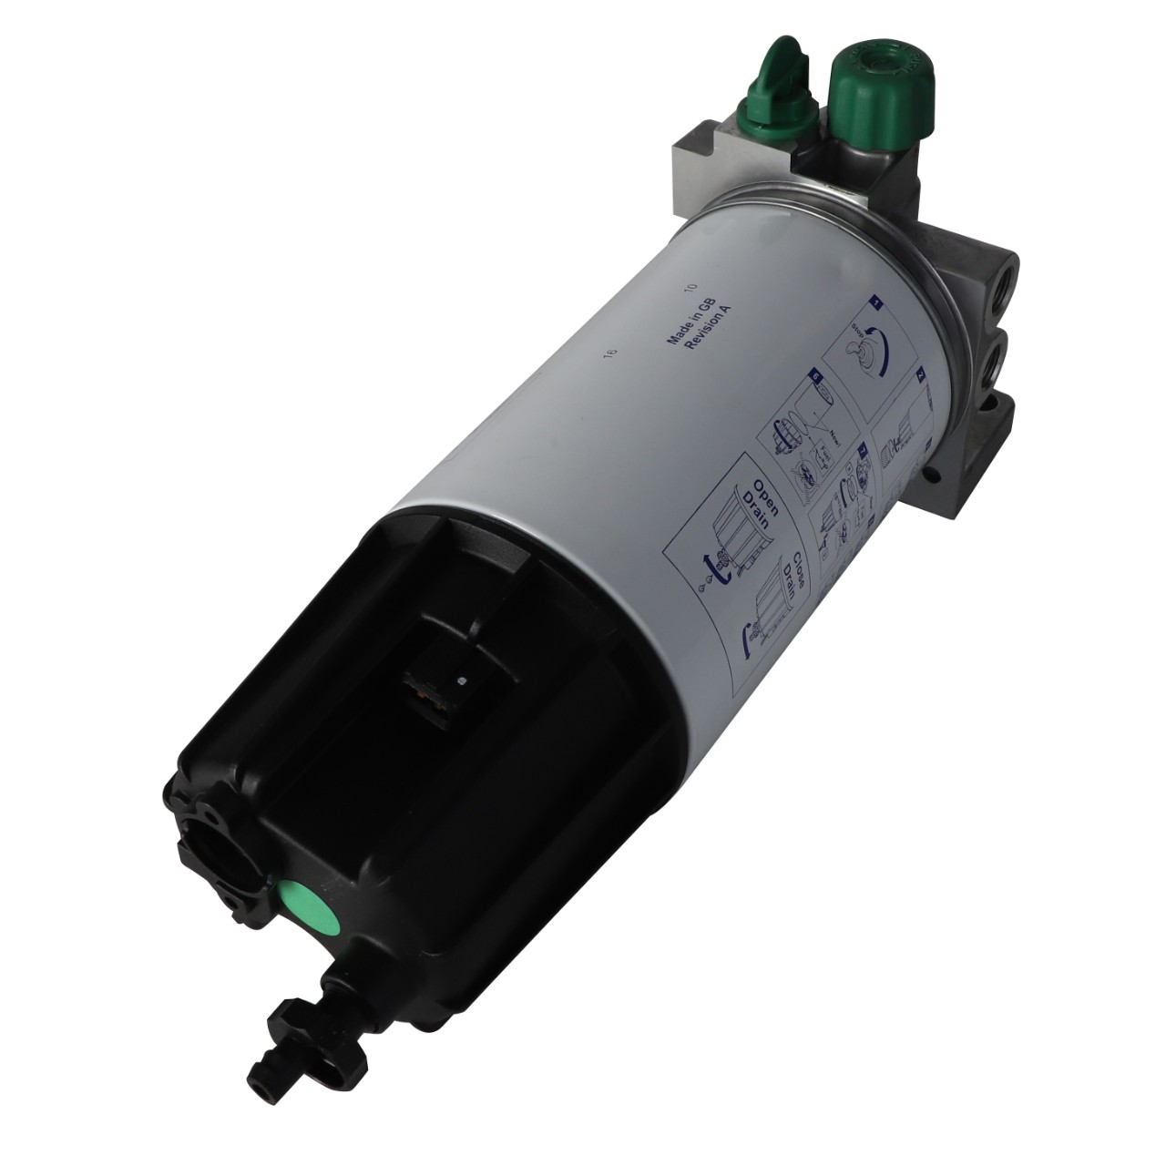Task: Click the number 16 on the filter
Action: pos(611,352)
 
